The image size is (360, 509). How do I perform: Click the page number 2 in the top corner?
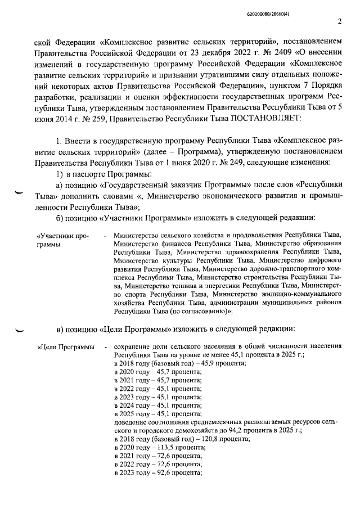pyautogui.click(x=339, y=22)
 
